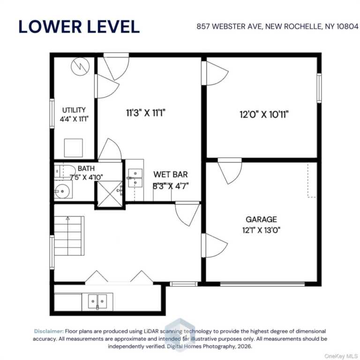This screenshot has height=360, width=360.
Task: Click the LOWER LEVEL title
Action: [x=79, y=27]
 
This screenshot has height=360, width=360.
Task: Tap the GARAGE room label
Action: [x=261, y=219]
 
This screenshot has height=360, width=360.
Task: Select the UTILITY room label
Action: [x=74, y=110]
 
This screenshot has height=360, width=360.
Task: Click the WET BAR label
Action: [x=170, y=174]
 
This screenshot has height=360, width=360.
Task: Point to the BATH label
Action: [x=86, y=169]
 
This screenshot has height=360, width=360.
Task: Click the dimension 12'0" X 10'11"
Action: [x=264, y=114]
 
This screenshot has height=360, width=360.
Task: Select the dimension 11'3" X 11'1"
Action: [x=146, y=113]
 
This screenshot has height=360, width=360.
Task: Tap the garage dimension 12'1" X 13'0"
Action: [x=261, y=230]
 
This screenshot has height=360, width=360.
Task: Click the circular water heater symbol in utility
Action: [x=80, y=67]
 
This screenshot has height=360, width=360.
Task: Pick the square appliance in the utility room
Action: [x=74, y=148]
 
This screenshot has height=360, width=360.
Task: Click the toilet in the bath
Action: [x=65, y=171]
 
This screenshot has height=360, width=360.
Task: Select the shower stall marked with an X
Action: [x=110, y=194]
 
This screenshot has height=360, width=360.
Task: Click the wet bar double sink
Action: [x=135, y=178]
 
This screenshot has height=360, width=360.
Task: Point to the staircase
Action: [x=69, y=236]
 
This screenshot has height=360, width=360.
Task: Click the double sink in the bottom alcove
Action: [x=97, y=301]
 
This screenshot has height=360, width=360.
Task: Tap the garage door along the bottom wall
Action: [x=262, y=284]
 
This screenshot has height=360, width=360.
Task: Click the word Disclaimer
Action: [x=49, y=331]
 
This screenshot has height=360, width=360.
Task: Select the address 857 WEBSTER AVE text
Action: [x=229, y=27]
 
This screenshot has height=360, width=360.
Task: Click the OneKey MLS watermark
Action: [x=341, y=356]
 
